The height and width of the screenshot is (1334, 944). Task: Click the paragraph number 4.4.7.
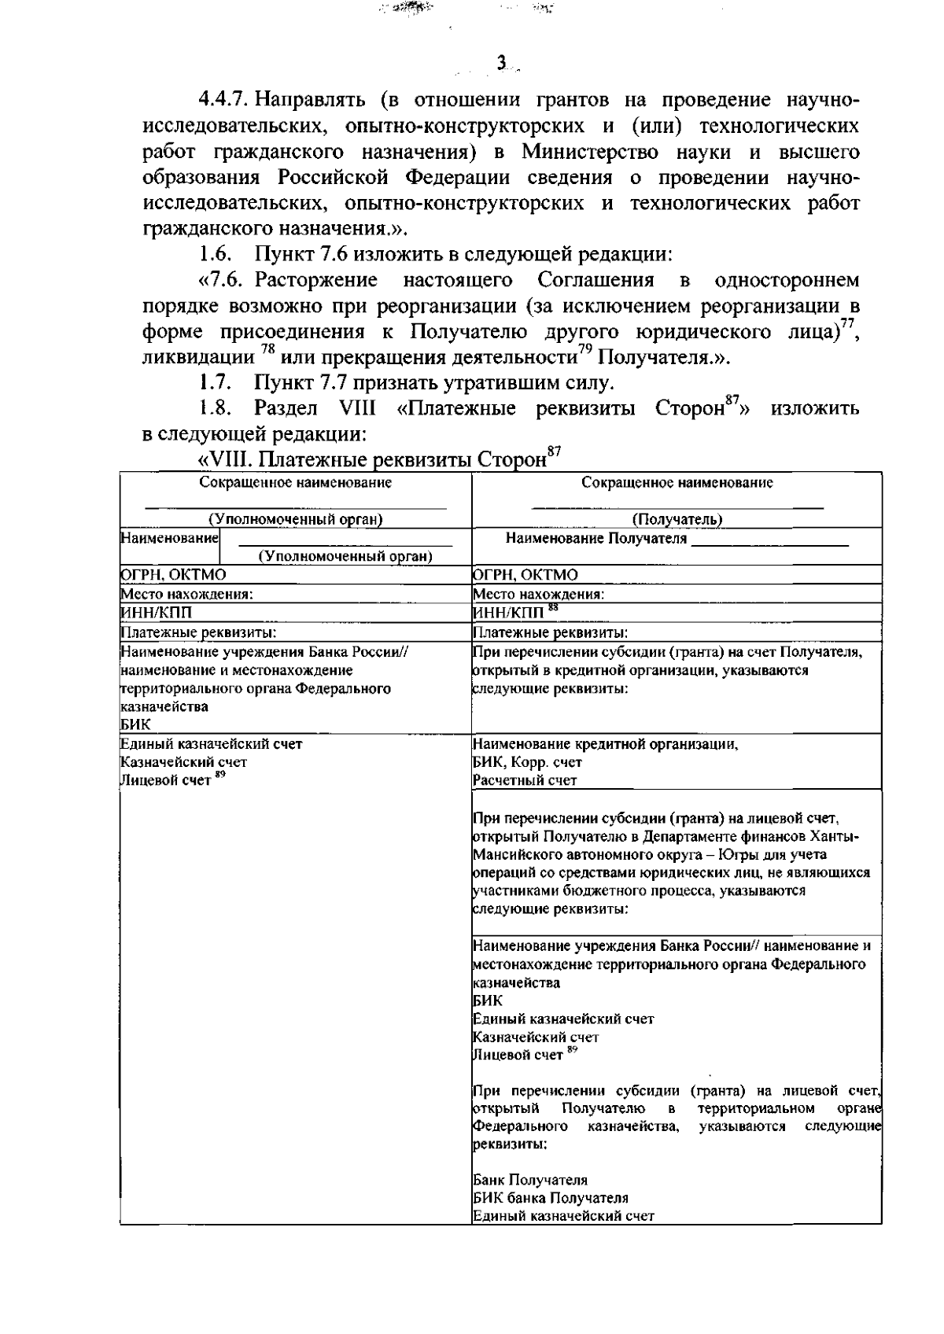click(x=224, y=101)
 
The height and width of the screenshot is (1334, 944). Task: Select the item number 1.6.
click(x=213, y=255)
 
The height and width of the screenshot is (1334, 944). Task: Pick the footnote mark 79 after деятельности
click(x=585, y=353)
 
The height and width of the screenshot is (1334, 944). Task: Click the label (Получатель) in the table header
click(x=677, y=519)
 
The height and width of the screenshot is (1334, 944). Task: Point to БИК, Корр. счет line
click(x=527, y=762)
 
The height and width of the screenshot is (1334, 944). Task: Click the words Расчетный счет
click(x=525, y=780)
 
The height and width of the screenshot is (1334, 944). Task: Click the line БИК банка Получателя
click(x=550, y=1198)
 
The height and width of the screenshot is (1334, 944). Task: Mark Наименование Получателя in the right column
click(x=596, y=539)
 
